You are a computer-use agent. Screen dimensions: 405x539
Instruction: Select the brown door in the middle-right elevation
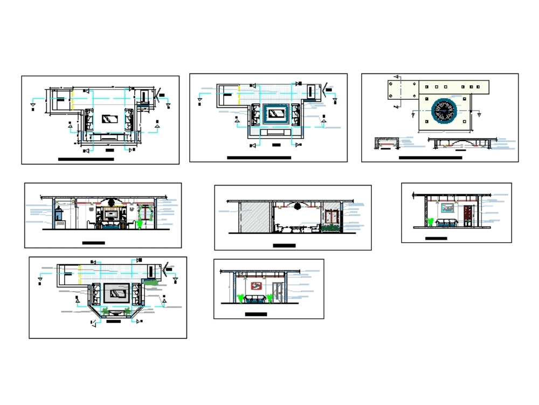467,215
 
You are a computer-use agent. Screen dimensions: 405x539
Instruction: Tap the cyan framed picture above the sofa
448,208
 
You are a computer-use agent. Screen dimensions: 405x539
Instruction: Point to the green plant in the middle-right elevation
430,222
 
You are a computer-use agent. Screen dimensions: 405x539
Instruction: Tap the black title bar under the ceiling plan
430,158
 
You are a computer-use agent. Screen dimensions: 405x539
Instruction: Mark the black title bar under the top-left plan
86,160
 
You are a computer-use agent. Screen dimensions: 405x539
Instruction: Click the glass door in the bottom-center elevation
278,292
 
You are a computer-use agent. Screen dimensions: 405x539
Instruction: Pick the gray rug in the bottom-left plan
116,292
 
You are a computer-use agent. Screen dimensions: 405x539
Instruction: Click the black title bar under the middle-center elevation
284,246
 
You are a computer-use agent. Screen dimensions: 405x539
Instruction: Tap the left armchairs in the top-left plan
88,120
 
